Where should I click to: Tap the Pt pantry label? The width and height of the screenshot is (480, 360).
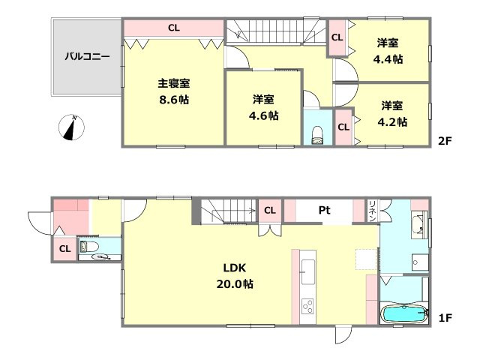click(325, 211)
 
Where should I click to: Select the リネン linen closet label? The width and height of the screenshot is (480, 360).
click(372, 211)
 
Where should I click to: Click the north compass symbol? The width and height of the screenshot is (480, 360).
click(71, 128)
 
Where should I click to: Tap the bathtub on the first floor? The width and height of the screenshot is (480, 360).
click(405, 314)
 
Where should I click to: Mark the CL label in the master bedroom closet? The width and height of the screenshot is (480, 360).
click(174, 28)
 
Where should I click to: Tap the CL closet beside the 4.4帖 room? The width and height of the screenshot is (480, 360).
click(337, 37)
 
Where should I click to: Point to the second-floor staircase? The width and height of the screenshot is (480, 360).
click(274, 31)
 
